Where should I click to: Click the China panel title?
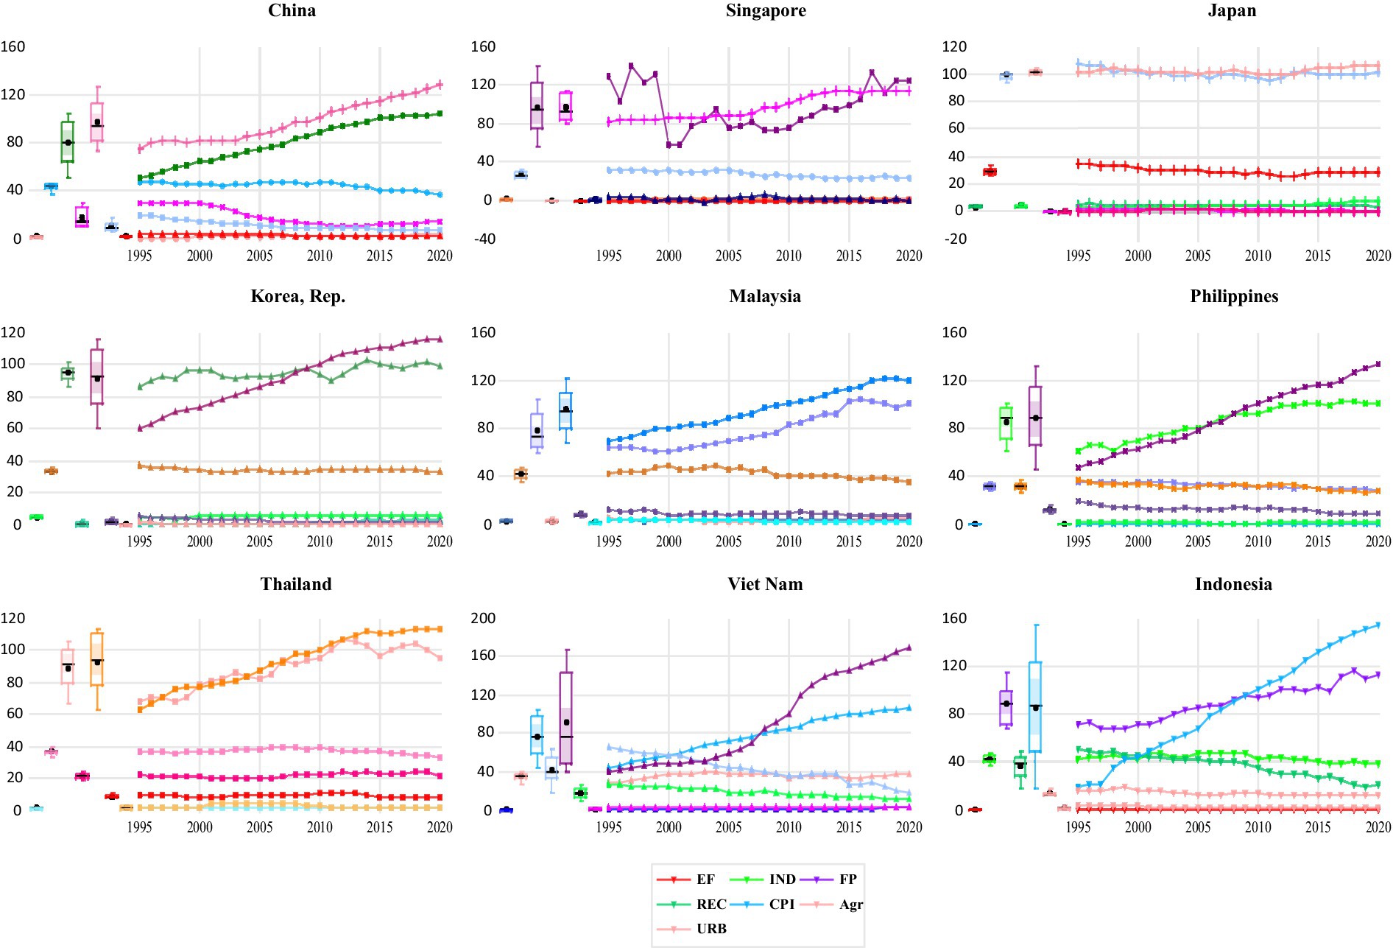click(292, 10)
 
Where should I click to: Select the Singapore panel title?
click(765, 10)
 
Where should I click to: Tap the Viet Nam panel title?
click(765, 584)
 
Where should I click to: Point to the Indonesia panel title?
click(1233, 584)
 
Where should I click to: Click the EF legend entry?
click(705, 879)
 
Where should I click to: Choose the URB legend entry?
click(711, 929)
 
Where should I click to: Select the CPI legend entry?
click(781, 904)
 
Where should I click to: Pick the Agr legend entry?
click(850, 904)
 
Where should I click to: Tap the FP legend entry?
click(847, 879)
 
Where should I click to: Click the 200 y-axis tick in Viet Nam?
click(483, 618)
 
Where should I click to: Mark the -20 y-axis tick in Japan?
click(954, 239)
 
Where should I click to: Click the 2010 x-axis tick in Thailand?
click(320, 827)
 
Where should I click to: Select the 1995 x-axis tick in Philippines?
click(1078, 541)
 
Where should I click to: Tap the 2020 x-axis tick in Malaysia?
click(909, 541)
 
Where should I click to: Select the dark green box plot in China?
click(68, 141)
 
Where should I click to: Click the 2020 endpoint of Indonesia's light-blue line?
click(1378, 625)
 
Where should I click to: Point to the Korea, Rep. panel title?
click(297, 296)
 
